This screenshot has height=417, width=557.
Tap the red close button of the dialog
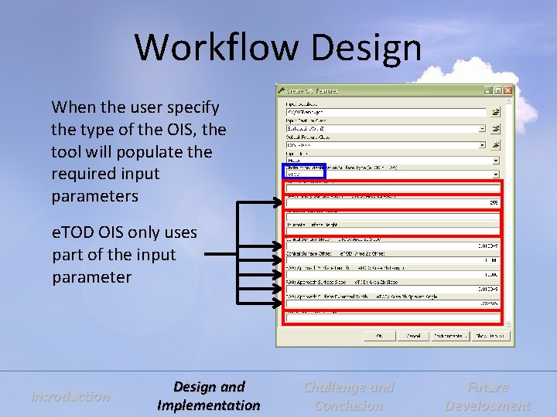pyautogui.click(x=507, y=91)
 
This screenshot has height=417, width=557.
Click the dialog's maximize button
pyautogui.click(x=497, y=91)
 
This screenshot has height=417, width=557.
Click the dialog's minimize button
pyautogui.click(x=487, y=91)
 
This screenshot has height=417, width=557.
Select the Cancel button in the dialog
pyautogui.click(x=414, y=336)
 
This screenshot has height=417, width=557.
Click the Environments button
pyautogui.click(x=449, y=336)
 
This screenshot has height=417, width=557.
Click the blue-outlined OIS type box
pyautogui.click(x=303, y=172)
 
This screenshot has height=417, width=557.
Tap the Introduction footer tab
pyautogui.click(x=70, y=396)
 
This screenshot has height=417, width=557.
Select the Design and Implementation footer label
pyautogui.click(x=209, y=396)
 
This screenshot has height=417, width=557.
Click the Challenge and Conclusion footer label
pyautogui.click(x=349, y=396)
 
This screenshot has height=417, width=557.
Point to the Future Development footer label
pyautogui.click(x=487, y=396)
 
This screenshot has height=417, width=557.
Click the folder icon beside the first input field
pyautogui.click(x=496, y=112)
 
